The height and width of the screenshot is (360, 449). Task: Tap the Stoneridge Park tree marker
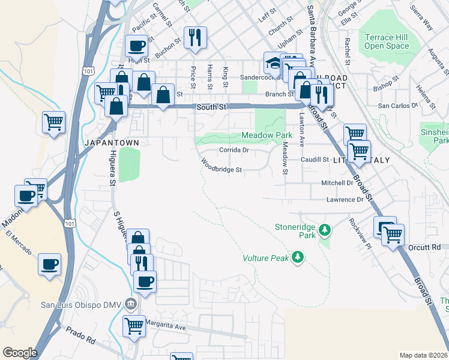[x=325, y=229]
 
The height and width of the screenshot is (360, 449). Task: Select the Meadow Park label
[x=267, y=136]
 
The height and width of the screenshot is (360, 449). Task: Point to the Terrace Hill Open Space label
[x=386, y=41]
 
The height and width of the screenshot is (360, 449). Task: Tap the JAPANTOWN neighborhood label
[x=112, y=143]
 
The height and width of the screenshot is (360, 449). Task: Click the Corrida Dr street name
[x=234, y=150]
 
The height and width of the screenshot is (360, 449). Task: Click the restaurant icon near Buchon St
[x=195, y=37]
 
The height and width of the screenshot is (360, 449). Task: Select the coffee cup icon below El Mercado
[x=49, y=263]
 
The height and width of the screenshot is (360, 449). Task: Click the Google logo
[x=20, y=353]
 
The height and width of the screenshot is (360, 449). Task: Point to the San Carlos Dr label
[x=397, y=106]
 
